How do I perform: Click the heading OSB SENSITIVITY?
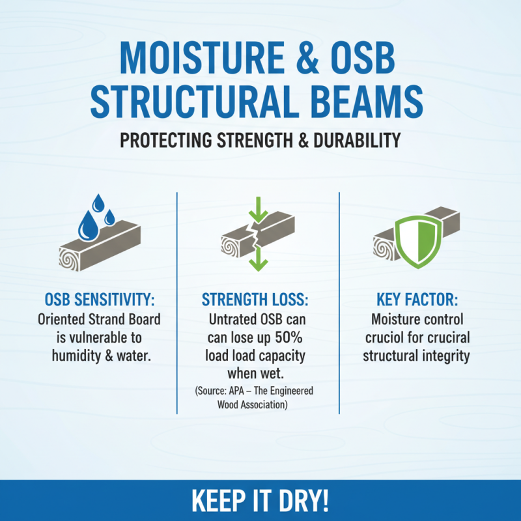pyautogui.click(x=102, y=300)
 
